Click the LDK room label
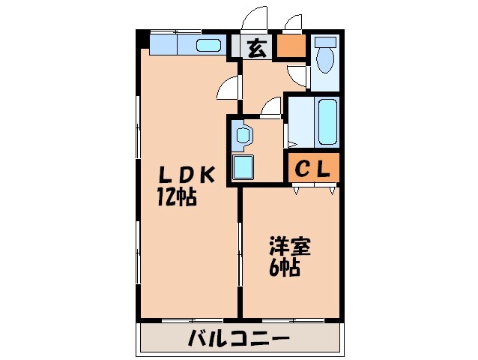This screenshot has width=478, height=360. click(x=187, y=175)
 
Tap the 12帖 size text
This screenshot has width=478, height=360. click(x=177, y=197)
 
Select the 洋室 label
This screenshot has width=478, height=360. click(x=289, y=246)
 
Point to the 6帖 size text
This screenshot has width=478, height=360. click(x=285, y=267)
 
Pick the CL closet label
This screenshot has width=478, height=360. click(x=311, y=169)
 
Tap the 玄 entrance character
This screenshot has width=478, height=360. click(x=255, y=49)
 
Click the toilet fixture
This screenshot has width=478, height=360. click(x=325, y=55)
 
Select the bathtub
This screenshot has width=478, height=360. click(x=327, y=121)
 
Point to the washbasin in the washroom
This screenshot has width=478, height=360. click(x=243, y=136)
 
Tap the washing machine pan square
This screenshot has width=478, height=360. click(x=243, y=166)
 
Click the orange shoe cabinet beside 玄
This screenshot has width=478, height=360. click(x=291, y=48)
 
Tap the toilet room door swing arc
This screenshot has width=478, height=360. click(x=297, y=73)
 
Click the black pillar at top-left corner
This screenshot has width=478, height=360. click(x=141, y=37)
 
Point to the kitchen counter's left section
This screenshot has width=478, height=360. click(x=163, y=45)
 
